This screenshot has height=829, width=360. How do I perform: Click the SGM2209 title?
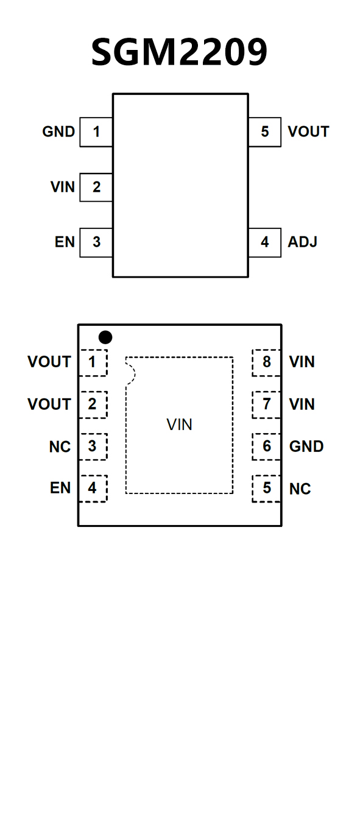180,52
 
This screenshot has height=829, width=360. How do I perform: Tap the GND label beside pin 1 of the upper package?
58,132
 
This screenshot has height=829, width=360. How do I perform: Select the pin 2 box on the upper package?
96,187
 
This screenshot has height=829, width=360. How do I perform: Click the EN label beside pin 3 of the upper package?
65,242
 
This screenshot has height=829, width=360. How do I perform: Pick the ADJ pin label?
303,242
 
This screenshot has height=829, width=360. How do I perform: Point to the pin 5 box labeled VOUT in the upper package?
264,132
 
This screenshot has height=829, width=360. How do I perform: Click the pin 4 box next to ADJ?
264,242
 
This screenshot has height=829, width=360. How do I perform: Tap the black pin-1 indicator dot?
105,337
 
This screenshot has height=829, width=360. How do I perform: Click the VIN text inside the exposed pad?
180,425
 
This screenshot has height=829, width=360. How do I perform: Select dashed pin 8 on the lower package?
266,362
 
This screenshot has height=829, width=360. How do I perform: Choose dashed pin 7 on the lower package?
266,405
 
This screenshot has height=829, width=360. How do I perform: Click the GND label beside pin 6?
306,446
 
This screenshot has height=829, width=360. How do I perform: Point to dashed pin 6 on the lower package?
266,446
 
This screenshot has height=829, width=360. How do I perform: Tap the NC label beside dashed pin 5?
300,489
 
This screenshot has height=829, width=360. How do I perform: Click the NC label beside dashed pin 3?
60,446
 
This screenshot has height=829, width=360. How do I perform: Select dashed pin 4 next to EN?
93,489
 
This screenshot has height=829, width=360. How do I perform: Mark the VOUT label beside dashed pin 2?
49,404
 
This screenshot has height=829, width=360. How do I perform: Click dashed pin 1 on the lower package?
93,362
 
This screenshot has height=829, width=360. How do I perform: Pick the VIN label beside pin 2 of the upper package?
63,187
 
